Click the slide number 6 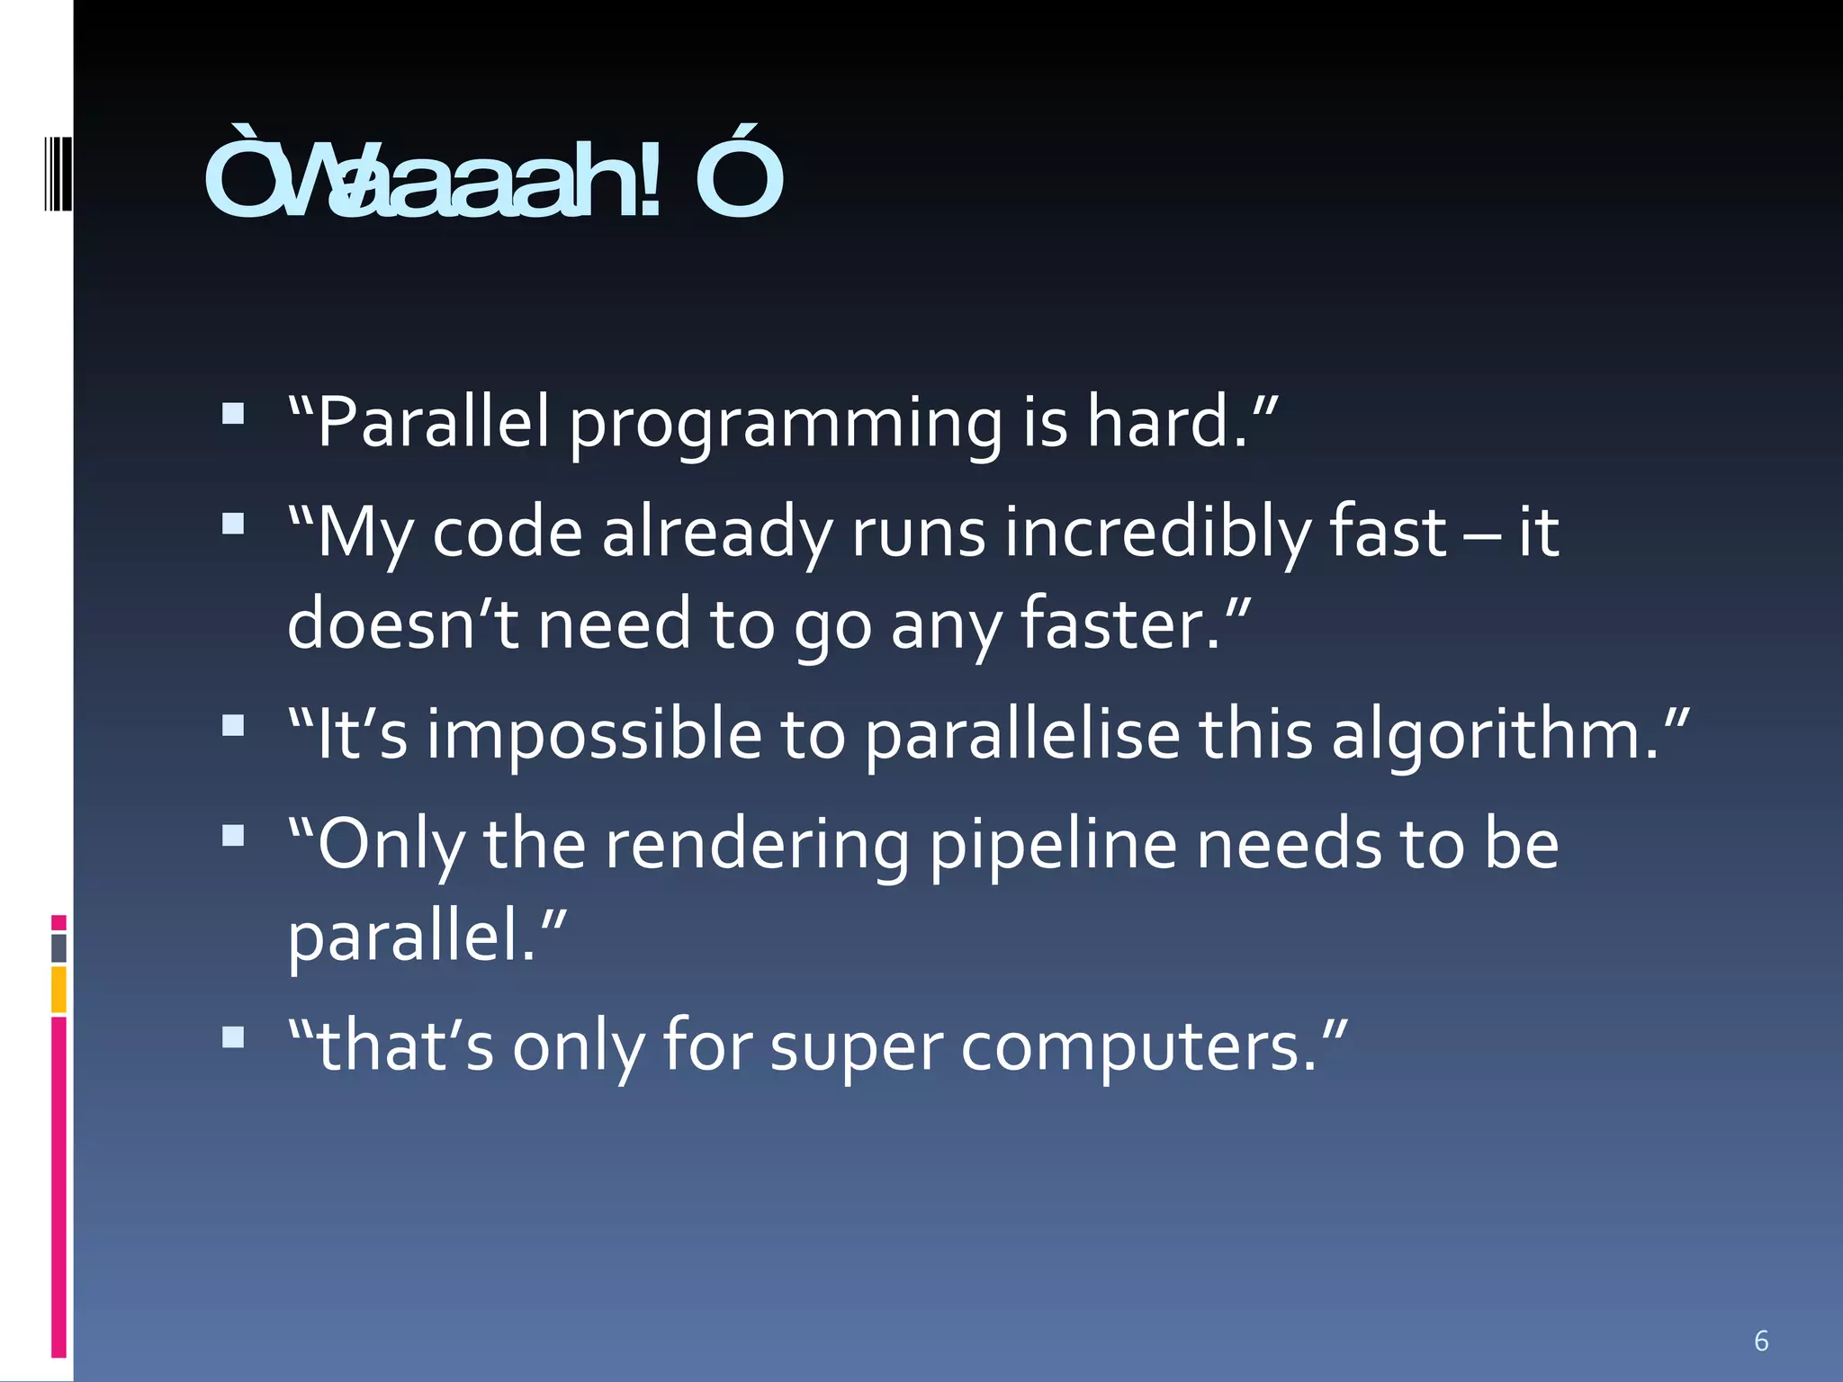[x=1761, y=1341]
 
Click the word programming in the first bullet [x=785, y=423]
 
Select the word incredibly [x=1157, y=533]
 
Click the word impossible [x=594, y=733]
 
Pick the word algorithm [x=1494, y=735]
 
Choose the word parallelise [x=1022, y=733]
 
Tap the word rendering [x=757, y=846]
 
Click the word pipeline [x=1052, y=846]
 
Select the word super [x=857, y=1048]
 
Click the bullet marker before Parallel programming [x=233, y=413]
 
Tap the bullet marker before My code [x=233, y=524]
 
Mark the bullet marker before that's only [x=233, y=1037]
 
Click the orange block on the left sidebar [x=58, y=989]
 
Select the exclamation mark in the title [x=651, y=180]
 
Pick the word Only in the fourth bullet [x=391, y=846]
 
